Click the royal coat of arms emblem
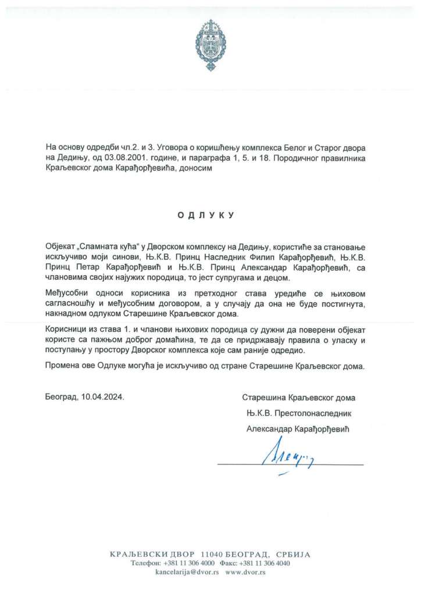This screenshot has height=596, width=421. tap(210, 45)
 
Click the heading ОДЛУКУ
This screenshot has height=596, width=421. tap(206, 215)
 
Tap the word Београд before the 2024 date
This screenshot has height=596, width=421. tap(62, 398)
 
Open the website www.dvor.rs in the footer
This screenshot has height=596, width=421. tap(245, 572)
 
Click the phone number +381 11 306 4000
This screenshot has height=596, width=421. tap(189, 563)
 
